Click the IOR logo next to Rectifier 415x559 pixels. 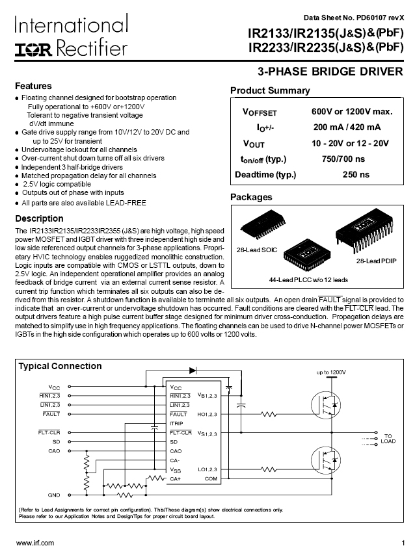31,49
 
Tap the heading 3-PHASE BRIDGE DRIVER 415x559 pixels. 330,71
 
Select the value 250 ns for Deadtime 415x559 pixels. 356,174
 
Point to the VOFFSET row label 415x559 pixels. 259,112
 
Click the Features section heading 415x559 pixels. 33,86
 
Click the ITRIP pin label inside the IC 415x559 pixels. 176,423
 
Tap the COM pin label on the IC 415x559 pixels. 211,478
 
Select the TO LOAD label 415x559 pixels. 388,438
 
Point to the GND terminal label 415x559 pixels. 54,495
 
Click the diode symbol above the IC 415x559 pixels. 193,370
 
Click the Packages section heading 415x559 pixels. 251,197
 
